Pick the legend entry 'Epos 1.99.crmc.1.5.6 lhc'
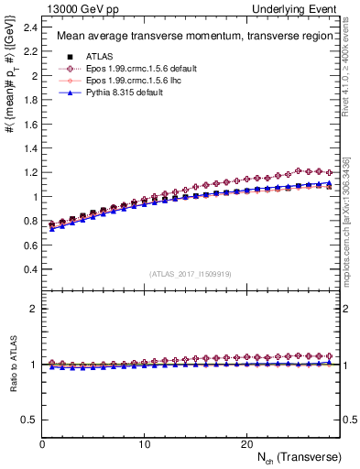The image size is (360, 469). (x=120, y=81)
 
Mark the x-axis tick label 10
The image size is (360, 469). (x=144, y=443)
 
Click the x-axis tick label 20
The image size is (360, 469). (x=245, y=443)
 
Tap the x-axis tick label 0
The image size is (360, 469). (x=42, y=443)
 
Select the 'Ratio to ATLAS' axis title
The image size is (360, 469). (x=12, y=365)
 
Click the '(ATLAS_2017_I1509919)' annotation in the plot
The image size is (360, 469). (x=191, y=274)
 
